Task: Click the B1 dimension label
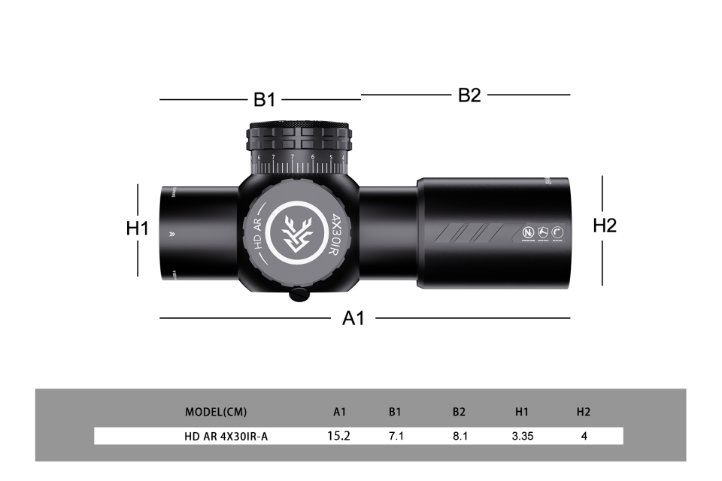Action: tap(264, 100)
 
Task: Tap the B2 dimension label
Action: tap(469, 95)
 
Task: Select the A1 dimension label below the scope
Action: tap(353, 318)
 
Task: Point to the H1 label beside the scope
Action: tap(138, 228)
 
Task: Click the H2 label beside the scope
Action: tap(605, 225)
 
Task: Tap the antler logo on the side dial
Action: tap(294, 234)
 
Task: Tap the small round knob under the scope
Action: tap(299, 294)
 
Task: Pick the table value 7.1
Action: tap(396, 436)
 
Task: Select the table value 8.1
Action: tap(460, 436)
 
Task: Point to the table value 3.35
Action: tap(522, 436)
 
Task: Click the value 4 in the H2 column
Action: tap(584, 436)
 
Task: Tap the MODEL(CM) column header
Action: tap(216, 412)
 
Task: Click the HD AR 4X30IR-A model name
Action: tap(226, 436)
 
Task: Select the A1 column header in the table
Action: tap(340, 412)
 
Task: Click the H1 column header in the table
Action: tap(522, 412)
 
